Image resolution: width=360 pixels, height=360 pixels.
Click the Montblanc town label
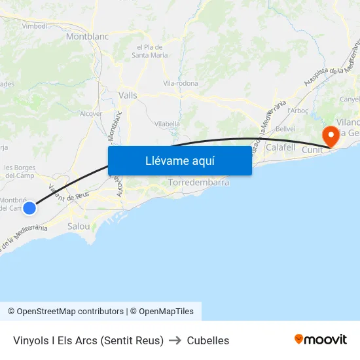click(87, 37)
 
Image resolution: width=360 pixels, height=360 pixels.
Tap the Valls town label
click(128, 96)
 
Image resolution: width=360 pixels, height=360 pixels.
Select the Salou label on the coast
click(79, 226)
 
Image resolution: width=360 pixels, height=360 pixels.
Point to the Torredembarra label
click(198, 183)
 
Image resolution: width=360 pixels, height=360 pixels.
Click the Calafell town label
click(281, 148)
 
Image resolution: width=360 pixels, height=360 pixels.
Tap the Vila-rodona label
click(181, 84)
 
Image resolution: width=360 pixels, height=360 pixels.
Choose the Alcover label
click(91, 113)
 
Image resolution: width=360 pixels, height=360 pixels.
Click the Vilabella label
click(167, 124)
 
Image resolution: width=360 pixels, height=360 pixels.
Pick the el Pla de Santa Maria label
click(150, 51)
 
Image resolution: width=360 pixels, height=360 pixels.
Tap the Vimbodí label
click(34, 26)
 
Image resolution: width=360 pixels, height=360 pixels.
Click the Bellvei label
click(285, 130)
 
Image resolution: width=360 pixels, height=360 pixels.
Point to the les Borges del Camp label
click(19, 171)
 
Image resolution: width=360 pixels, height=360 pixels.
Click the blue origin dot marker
click(29, 208)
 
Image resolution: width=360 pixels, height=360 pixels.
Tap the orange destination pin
click(330, 136)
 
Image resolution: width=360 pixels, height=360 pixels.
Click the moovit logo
click(321, 340)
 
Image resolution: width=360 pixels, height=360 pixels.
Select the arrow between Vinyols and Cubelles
click(175, 340)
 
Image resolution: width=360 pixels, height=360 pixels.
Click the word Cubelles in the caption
click(208, 340)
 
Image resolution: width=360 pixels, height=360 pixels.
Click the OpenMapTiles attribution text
click(166, 312)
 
